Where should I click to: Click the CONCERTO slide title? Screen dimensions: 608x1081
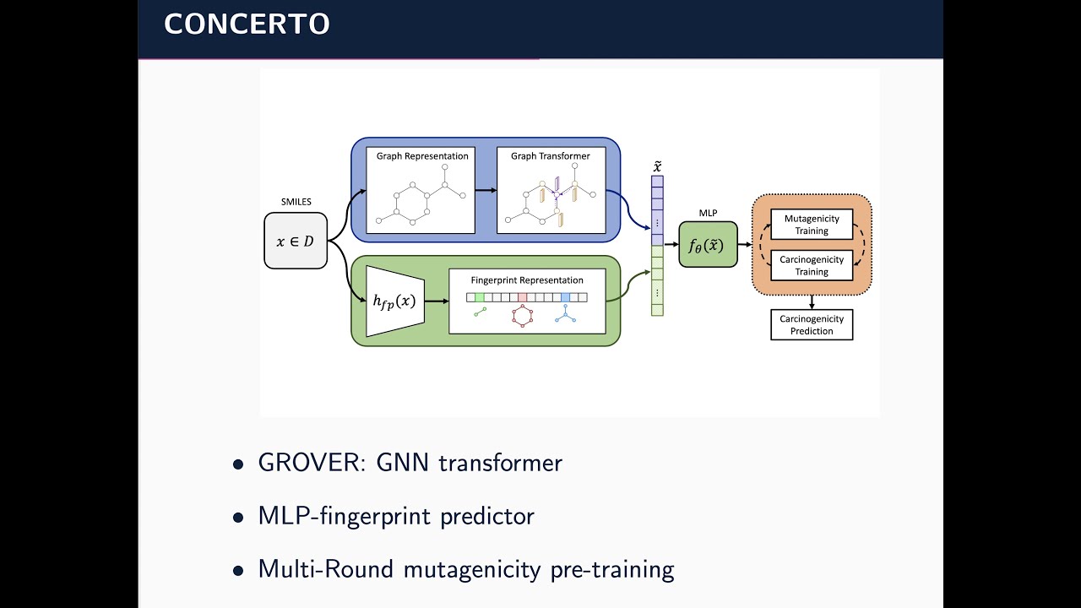click(247, 24)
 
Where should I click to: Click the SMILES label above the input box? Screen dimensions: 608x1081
click(296, 202)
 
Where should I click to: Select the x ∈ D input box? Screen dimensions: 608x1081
click(296, 241)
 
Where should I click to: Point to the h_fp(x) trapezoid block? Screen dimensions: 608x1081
click(393, 301)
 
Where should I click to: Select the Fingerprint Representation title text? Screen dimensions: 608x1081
click(527, 280)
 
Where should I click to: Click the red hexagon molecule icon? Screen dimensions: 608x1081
click(523, 316)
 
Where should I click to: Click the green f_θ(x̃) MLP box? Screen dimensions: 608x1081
click(708, 245)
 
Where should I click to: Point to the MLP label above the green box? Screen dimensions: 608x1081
click(708, 213)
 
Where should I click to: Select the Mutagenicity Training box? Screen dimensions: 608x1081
click(812, 225)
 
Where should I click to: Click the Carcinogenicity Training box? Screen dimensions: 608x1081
click(812, 266)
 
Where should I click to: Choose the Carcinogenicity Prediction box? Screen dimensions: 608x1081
click(812, 325)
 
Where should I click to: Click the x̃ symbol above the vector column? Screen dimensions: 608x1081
click(657, 166)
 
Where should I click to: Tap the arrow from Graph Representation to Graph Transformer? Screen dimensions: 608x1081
click(486, 191)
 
